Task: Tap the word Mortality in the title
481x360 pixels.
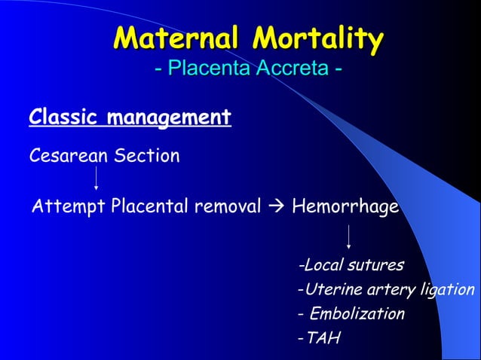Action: (318, 38)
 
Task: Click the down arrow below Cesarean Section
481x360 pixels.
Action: (96, 178)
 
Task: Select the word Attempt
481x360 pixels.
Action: (69, 206)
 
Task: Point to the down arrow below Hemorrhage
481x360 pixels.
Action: (348, 236)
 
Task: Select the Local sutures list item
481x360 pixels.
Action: (352, 265)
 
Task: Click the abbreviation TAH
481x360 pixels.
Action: (323, 337)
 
